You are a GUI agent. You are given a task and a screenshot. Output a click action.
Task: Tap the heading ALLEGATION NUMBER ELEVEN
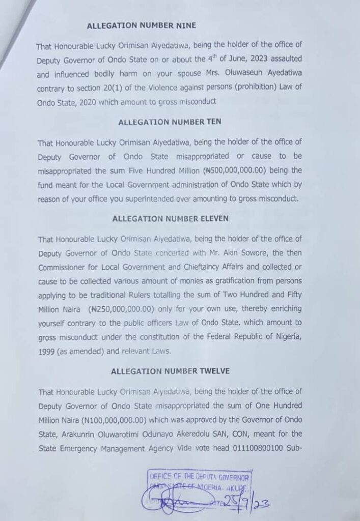pos(163,219)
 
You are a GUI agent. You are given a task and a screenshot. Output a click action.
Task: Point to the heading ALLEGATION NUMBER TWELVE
pos(163,371)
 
